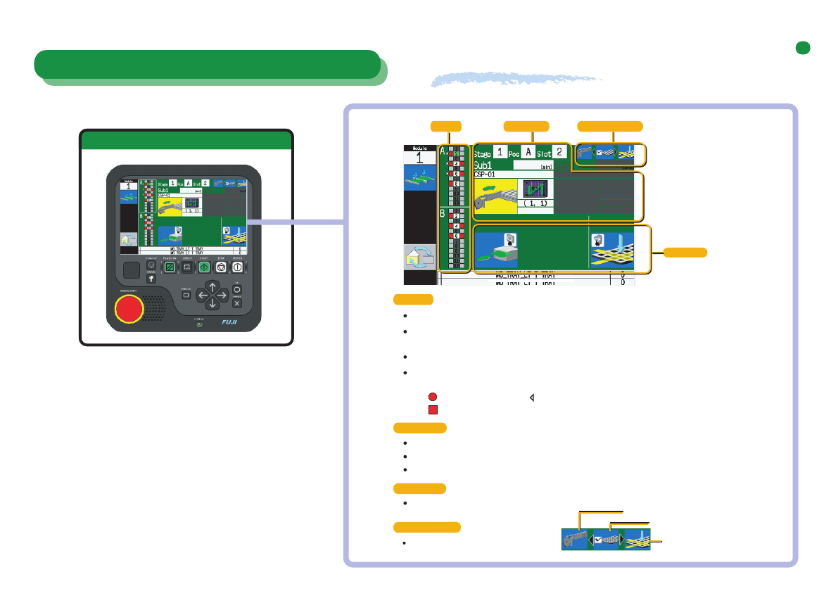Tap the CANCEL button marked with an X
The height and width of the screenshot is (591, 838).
(237, 303)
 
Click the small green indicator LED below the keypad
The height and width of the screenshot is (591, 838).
(200, 324)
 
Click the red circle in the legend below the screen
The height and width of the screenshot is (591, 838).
(433, 397)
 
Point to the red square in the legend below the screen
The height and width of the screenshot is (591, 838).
(433, 409)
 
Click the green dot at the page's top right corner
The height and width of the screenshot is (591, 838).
(801, 48)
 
